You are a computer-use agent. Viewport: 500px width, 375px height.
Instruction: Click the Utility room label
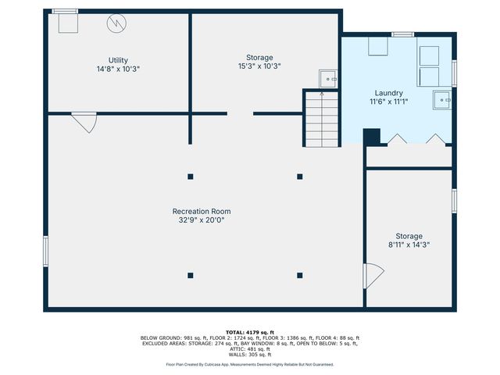click(118, 60)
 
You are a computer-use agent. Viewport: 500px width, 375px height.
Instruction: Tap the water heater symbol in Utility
click(116, 24)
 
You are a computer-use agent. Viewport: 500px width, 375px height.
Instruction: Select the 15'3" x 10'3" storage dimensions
click(259, 66)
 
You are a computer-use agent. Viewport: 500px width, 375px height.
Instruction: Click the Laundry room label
click(387, 93)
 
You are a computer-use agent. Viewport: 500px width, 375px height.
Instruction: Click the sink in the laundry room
click(443, 100)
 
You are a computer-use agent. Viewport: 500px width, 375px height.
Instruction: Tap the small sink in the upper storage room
click(329, 77)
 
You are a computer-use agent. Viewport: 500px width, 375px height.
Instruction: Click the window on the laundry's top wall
click(402, 34)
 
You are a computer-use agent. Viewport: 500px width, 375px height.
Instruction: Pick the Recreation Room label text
click(202, 211)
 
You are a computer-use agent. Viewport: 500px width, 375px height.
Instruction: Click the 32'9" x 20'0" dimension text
click(202, 220)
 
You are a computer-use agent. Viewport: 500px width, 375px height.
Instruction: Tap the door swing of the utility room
click(84, 122)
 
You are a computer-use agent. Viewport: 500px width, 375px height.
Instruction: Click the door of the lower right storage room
click(373, 275)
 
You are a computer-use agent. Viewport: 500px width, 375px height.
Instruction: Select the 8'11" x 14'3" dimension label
click(409, 245)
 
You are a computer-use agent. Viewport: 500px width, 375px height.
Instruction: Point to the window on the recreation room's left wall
click(45, 252)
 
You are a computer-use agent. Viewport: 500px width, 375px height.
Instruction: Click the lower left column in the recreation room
click(191, 274)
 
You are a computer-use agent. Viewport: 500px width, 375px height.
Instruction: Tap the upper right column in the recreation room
click(300, 177)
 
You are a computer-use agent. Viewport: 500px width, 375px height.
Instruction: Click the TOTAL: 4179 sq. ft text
click(249, 331)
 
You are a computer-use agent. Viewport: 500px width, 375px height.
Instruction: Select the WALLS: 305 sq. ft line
click(249, 355)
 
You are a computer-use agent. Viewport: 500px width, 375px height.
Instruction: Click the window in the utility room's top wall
click(65, 11)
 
